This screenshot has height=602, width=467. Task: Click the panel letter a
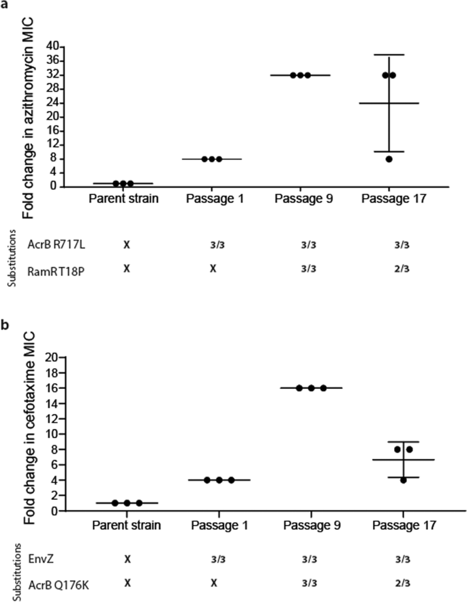coord(6,5)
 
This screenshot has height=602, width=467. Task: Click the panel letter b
coord(6,326)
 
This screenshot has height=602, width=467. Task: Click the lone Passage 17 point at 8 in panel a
coord(389,159)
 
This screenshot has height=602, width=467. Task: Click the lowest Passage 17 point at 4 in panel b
coord(402,480)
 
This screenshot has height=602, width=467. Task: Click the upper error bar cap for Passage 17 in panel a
coord(389,54)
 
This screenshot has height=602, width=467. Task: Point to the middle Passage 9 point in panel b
coord(311,387)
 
